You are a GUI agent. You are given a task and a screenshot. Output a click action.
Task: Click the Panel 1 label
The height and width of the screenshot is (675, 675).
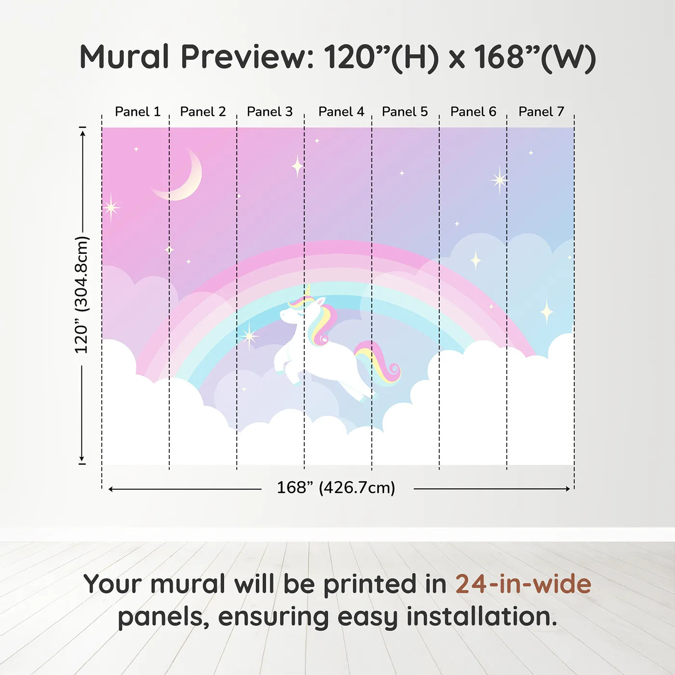tap(138, 112)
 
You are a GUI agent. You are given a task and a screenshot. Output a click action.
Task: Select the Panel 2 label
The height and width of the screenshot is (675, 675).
tap(203, 112)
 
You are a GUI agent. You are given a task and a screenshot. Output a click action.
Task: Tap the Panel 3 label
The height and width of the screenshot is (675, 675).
tap(270, 112)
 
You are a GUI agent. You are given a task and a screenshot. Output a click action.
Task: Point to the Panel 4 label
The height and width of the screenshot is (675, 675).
tap(341, 112)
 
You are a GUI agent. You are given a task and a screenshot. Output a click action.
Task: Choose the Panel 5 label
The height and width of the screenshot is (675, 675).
tap(405, 112)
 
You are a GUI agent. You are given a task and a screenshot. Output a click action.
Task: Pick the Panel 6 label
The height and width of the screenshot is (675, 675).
tap(473, 112)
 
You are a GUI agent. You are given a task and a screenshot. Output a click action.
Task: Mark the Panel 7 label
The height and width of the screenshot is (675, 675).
tap(541, 112)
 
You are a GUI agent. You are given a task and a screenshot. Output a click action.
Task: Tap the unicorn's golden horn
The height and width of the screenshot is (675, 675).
tap(308, 290)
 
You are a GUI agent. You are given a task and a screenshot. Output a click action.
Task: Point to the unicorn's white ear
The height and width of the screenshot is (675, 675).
tap(321, 302)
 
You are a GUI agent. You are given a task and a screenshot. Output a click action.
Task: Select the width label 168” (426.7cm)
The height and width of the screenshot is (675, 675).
tap(336, 487)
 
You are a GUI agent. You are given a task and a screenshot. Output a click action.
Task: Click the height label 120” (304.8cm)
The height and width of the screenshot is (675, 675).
tap(82, 295)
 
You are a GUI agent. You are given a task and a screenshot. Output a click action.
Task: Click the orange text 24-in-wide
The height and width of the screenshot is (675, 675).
tap(523, 584)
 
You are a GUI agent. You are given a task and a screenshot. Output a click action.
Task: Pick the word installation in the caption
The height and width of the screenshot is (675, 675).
tap(482, 617)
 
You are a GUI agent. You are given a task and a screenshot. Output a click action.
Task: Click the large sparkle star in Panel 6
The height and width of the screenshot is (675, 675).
tap(499, 180)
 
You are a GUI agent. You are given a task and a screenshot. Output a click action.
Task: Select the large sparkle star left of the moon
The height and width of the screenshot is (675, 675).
tap(111, 208)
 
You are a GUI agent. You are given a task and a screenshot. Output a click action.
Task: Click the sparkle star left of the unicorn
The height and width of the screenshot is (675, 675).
tap(249, 336)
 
